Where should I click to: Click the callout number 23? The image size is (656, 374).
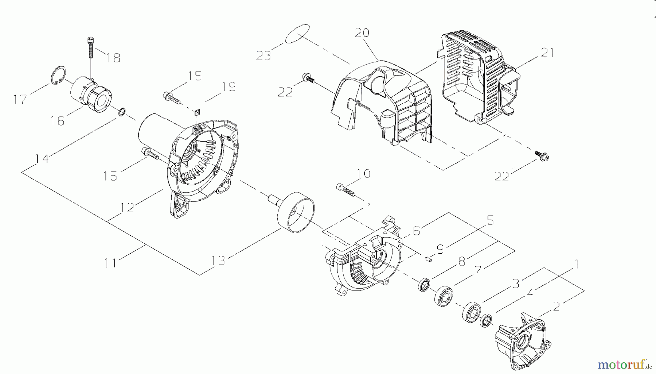point(263,56)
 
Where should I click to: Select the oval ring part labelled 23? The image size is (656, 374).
point(297,34)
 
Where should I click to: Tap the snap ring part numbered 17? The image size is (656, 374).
point(58,75)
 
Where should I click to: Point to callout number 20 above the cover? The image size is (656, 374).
point(362,33)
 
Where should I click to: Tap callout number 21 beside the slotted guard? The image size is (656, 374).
point(547,53)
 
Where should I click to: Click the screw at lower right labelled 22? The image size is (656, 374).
point(543,156)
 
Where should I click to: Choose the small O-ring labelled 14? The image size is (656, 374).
point(123,111)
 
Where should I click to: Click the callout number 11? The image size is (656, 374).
point(110,263)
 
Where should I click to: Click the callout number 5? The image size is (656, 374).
point(490,220)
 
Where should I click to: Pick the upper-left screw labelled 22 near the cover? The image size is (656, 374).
point(307,78)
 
